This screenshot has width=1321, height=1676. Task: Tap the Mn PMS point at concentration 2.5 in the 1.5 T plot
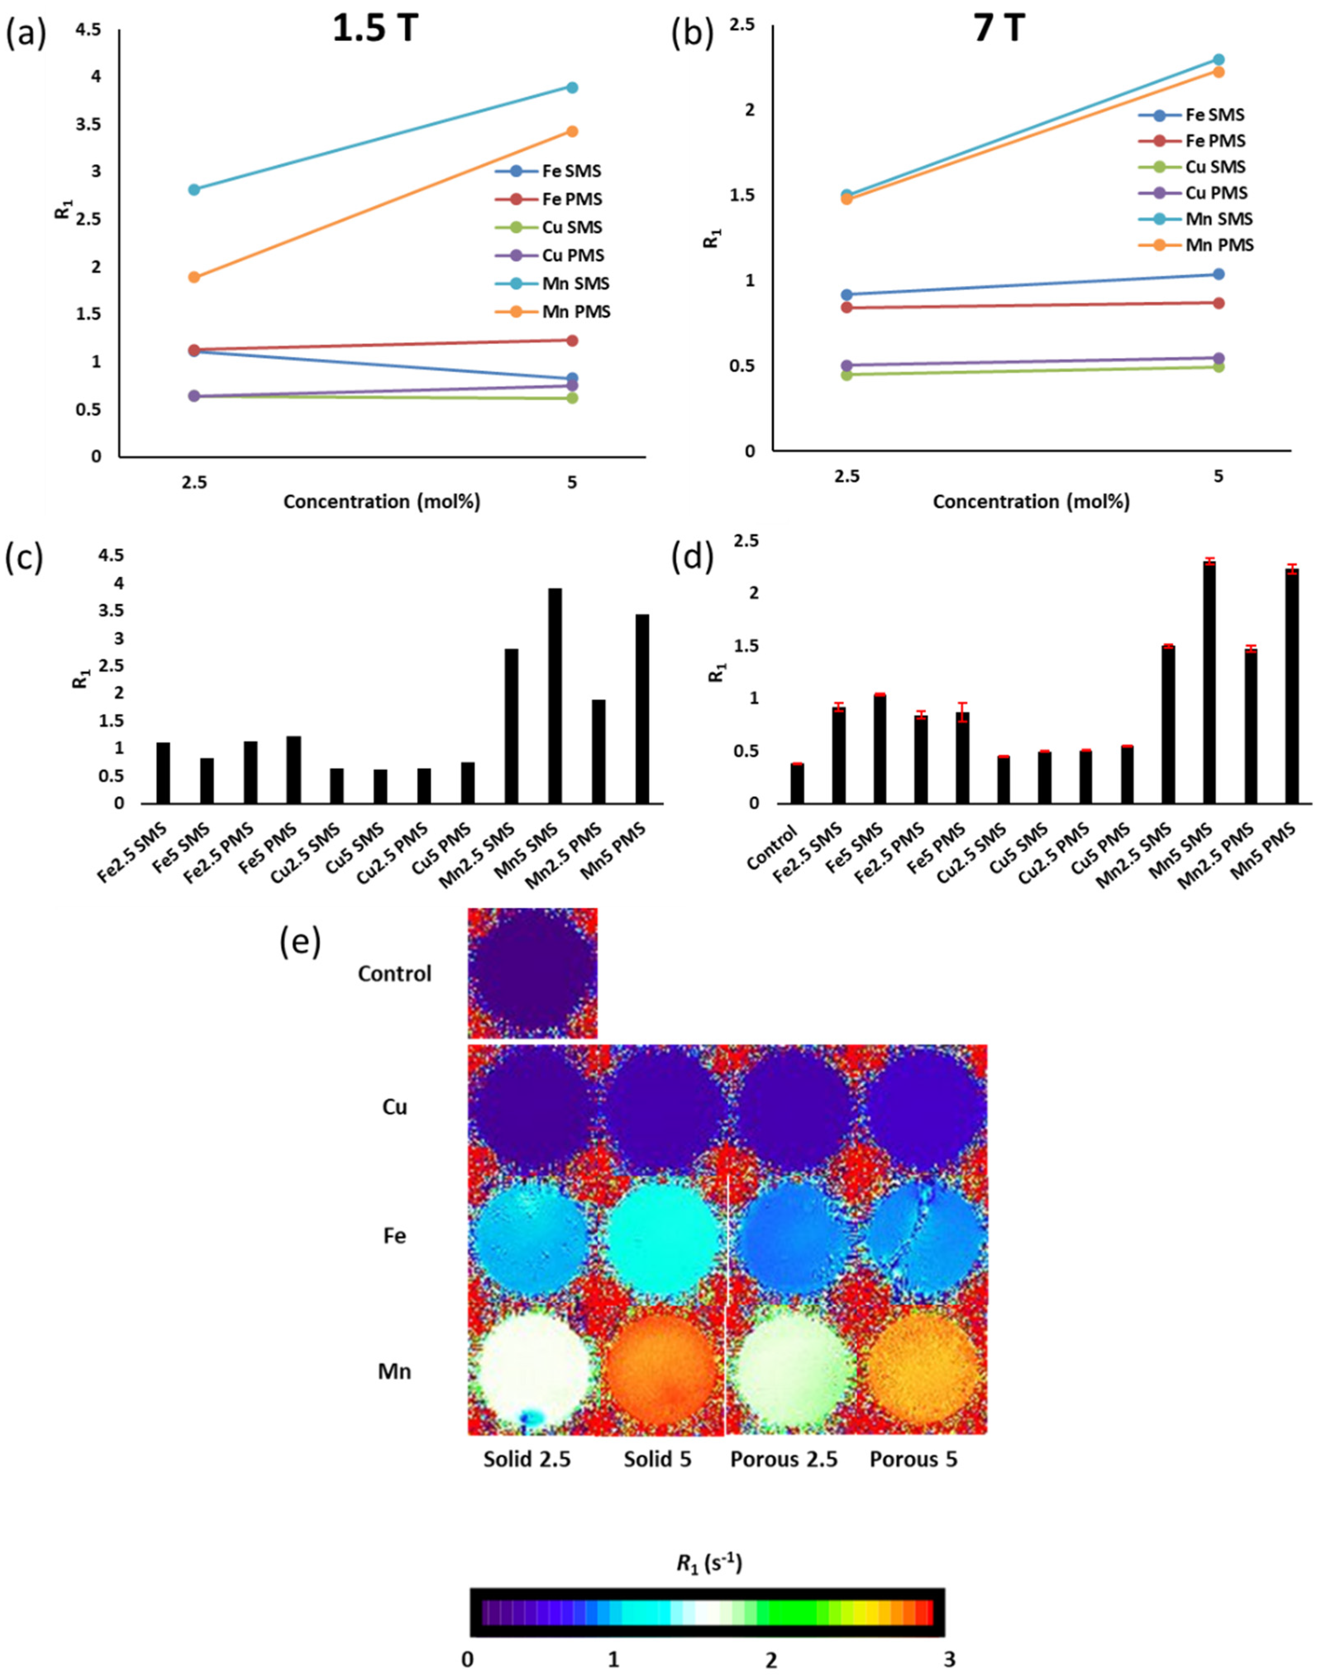point(194,277)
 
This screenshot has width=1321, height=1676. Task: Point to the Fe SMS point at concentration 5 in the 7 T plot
point(1218,274)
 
